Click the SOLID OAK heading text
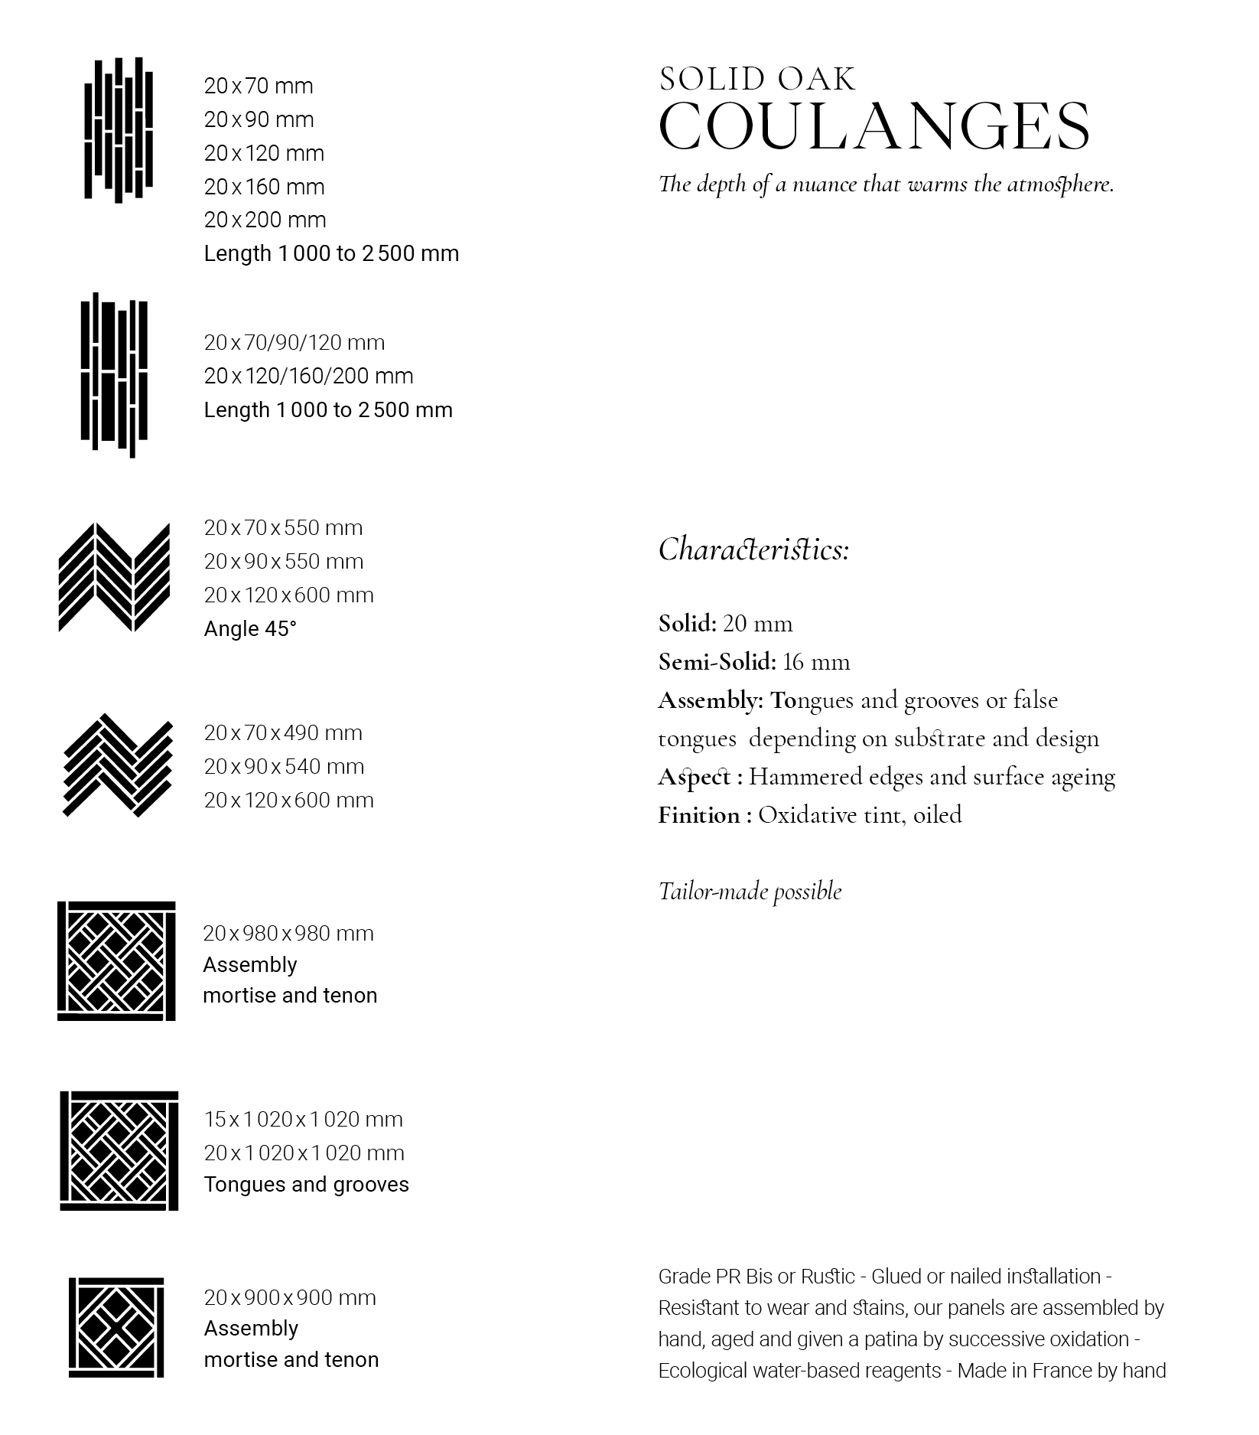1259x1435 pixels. [x=757, y=80]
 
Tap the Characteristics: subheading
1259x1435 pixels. [x=753, y=550]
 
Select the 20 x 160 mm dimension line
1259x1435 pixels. [x=264, y=187]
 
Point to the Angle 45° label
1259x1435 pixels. [x=250, y=628]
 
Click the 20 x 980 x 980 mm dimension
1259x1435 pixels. [x=288, y=933]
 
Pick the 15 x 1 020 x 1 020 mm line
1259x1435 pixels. [x=303, y=1119]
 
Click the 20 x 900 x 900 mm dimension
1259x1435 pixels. [x=290, y=1297]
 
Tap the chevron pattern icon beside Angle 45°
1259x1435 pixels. [x=115, y=578]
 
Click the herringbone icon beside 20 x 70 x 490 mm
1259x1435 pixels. [x=117, y=765]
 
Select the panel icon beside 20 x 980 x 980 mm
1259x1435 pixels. [x=116, y=960]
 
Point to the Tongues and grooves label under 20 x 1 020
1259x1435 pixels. [x=306, y=1184]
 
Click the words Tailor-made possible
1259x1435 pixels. [x=750, y=891]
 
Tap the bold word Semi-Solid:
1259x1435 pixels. [x=717, y=661]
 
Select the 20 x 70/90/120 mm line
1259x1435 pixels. [x=294, y=342]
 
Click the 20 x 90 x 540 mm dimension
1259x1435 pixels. [x=284, y=766]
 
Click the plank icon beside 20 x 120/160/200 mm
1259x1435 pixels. [x=115, y=375]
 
